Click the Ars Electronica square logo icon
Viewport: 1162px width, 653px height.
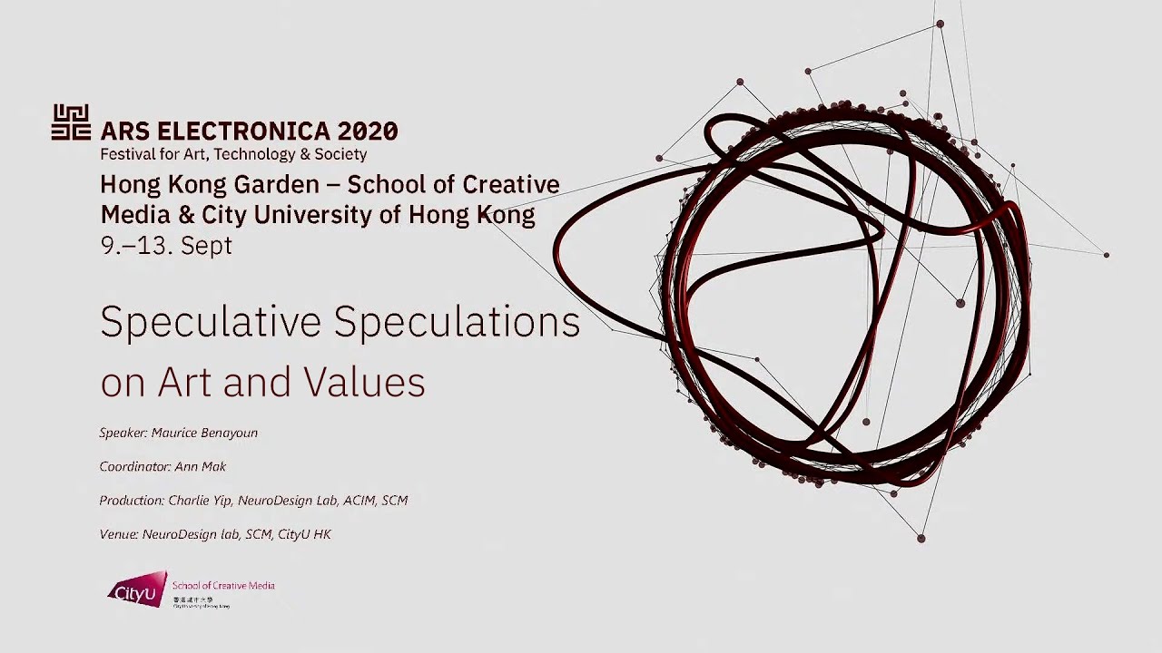pyautogui.click(x=71, y=122)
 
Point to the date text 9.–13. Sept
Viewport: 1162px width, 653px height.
pyautogui.click(x=166, y=246)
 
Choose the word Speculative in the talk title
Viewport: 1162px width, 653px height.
pyautogui.click(x=212, y=322)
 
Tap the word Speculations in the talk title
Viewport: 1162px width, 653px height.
pyautogui.click(x=458, y=322)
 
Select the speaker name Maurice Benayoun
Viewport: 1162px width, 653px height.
pyautogui.click(x=204, y=433)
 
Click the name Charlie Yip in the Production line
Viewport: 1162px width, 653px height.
pyautogui.click(x=200, y=500)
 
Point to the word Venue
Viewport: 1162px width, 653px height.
pyautogui.click(x=118, y=534)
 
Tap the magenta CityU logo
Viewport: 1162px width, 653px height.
pyautogui.click(x=137, y=590)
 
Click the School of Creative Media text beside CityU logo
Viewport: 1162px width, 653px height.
pyautogui.click(x=223, y=586)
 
